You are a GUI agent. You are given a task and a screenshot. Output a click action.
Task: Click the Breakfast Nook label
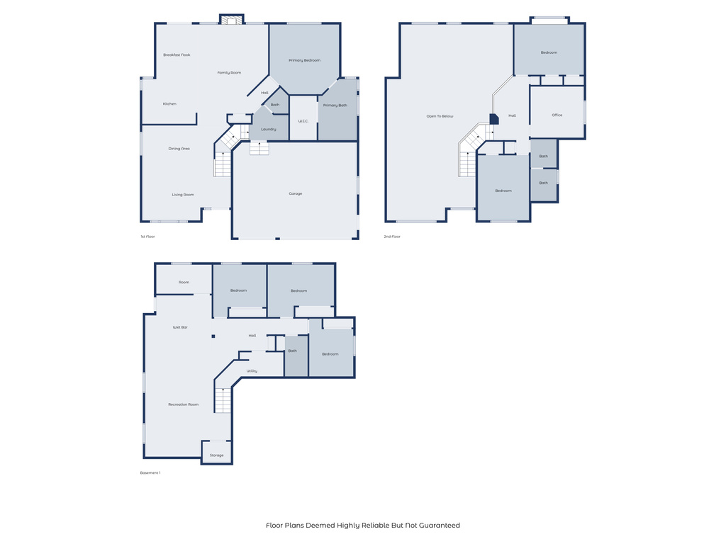[x=177, y=55]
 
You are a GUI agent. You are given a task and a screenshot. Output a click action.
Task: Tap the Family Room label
[x=229, y=72]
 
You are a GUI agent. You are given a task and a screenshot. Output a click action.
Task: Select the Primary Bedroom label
[x=305, y=60]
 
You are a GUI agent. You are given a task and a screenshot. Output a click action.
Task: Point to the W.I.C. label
[x=303, y=121]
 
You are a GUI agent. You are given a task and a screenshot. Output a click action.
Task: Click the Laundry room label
[x=269, y=129]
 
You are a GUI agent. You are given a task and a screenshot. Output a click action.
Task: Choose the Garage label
[x=296, y=193]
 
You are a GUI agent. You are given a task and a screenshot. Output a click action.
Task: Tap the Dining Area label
[x=179, y=149]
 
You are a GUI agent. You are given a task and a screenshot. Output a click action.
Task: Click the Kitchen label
[x=169, y=103]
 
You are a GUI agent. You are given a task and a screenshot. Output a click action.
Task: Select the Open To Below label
[x=440, y=116]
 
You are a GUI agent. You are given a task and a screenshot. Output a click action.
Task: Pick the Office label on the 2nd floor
[x=557, y=115]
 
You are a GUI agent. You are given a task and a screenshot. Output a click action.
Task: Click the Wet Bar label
[x=180, y=327]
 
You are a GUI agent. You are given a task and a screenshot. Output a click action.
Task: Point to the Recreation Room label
[x=183, y=404]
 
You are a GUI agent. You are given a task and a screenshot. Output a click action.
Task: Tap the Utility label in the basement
[x=252, y=371]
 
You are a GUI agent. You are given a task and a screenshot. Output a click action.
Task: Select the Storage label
[x=216, y=455]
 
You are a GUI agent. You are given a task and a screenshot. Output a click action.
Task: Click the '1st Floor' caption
[x=147, y=237]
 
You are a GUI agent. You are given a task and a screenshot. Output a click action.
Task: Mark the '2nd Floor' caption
[x=392, y=237]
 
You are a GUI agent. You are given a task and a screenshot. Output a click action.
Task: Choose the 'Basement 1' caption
[x=150, y=473]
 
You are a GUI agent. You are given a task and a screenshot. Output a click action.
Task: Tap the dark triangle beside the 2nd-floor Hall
[x=493, y=120]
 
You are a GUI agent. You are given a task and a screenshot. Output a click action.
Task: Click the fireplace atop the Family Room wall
[x=231, y=21]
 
